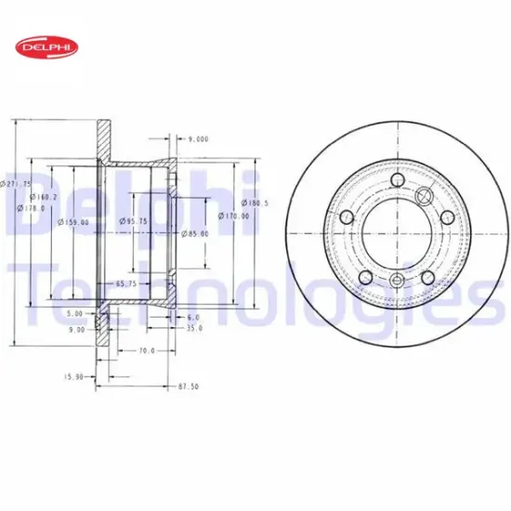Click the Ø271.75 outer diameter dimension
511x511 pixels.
click(16, 185)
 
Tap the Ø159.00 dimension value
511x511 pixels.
click(73, 222)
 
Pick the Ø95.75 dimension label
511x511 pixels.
click(134, 221)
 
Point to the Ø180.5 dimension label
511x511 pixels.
click(255, 203)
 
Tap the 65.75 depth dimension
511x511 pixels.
click(126, 283)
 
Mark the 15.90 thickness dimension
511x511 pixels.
click(73, 376)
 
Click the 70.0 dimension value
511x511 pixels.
click(145, 351)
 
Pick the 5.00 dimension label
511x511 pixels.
click(75, 314)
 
